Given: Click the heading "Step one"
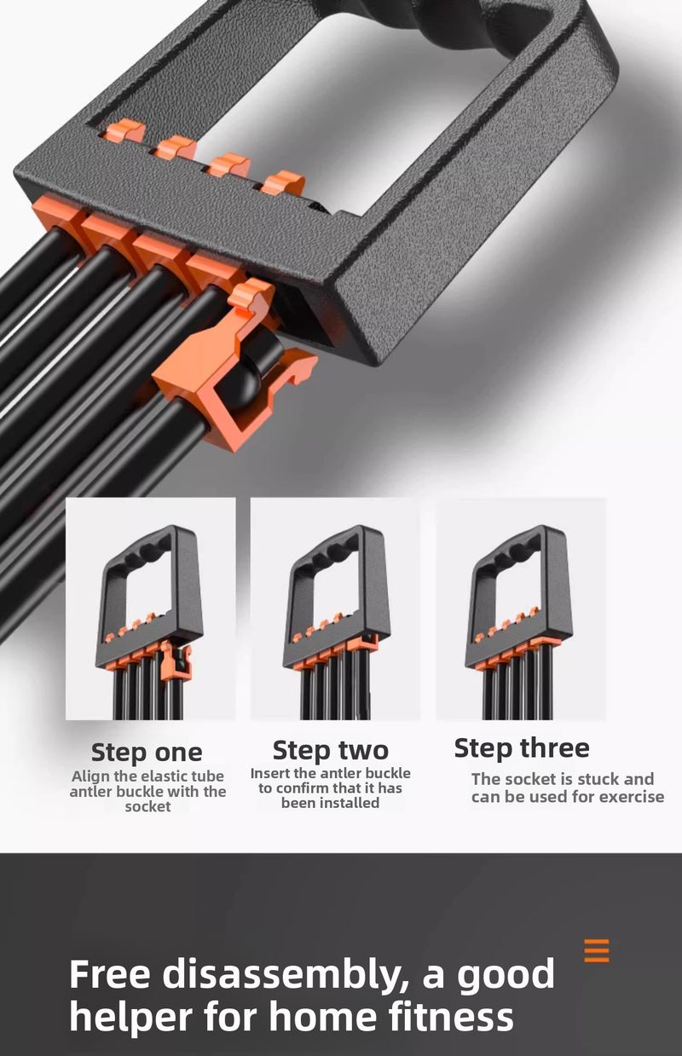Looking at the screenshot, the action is (x=147, y=752).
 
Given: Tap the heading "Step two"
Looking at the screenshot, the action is (x=330, y=750).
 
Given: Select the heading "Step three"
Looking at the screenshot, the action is (x=522, y=747).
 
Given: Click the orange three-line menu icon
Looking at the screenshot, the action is (x=597, y=950).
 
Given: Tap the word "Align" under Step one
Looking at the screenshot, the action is (x=90, y=777).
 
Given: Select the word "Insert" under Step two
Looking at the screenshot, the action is (x=269, y=773).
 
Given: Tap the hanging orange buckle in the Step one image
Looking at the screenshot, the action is (x=176, y=662).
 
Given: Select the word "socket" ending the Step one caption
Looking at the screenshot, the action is (x=147, y=806).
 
